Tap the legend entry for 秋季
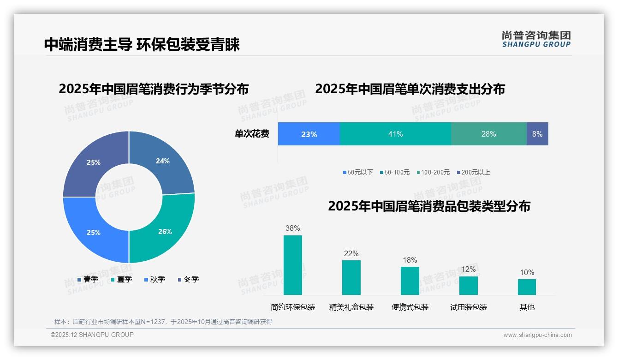(154, 279)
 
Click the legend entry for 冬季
(188, 279)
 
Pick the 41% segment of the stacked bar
(395, 134)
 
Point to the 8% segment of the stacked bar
(537, 134)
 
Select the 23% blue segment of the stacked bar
(309, 134)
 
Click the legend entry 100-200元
(433, 172)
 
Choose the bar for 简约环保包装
(293, 265)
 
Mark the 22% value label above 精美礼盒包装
(351, 253)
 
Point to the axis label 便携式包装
(410, 307)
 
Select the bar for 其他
(527, 287)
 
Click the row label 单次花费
(252, 134)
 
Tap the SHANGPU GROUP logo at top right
(536, 39)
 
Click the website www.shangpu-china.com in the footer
(537, 335)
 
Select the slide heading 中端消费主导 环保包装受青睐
(142, 44)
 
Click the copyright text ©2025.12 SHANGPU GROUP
(92, 335)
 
